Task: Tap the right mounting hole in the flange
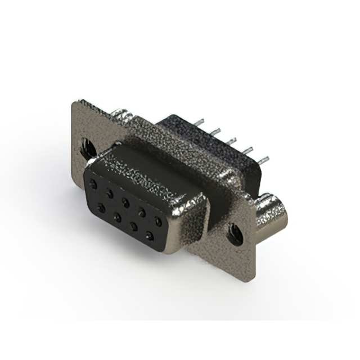pos(235,234)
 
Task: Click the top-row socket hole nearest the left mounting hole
pos(93,183)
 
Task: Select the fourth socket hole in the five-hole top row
pos(142,211)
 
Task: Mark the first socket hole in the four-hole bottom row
pos(102,208)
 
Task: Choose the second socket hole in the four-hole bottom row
pos(118,217)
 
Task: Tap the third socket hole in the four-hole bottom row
pos(134,227)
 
